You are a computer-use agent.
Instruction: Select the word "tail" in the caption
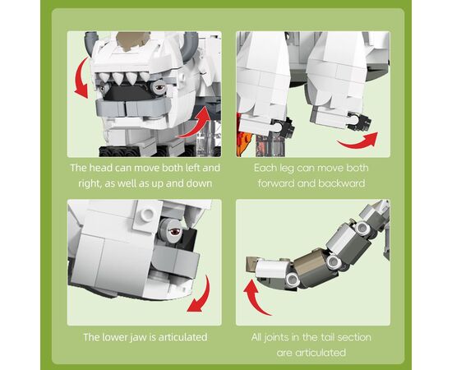pos(325,337)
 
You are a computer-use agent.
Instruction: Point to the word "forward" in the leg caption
pos(276,183)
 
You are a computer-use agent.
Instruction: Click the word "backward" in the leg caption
pos(342,183)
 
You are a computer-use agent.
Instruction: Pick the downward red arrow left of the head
pos(82,78)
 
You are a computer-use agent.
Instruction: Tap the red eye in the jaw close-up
pos(175,232)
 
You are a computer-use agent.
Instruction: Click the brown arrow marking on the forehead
pos(132,41)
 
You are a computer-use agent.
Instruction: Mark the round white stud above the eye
pos(148,214)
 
